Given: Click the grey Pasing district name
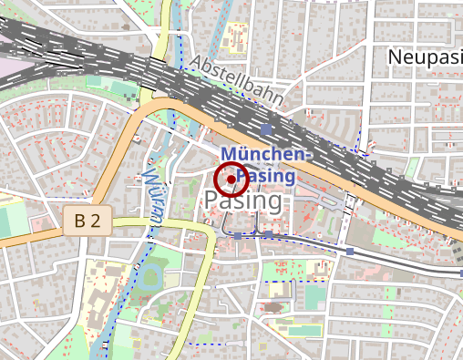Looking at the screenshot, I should point(243,200).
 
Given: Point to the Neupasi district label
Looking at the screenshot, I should point(425,57).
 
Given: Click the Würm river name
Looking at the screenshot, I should point(151,192).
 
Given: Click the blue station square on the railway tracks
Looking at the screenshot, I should point(265,129).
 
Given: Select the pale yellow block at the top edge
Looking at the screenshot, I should point(238,33).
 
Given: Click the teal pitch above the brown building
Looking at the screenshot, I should point(315,297).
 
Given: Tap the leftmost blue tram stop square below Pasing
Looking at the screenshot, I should point(238,236).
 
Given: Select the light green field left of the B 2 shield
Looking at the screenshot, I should point(13,219).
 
